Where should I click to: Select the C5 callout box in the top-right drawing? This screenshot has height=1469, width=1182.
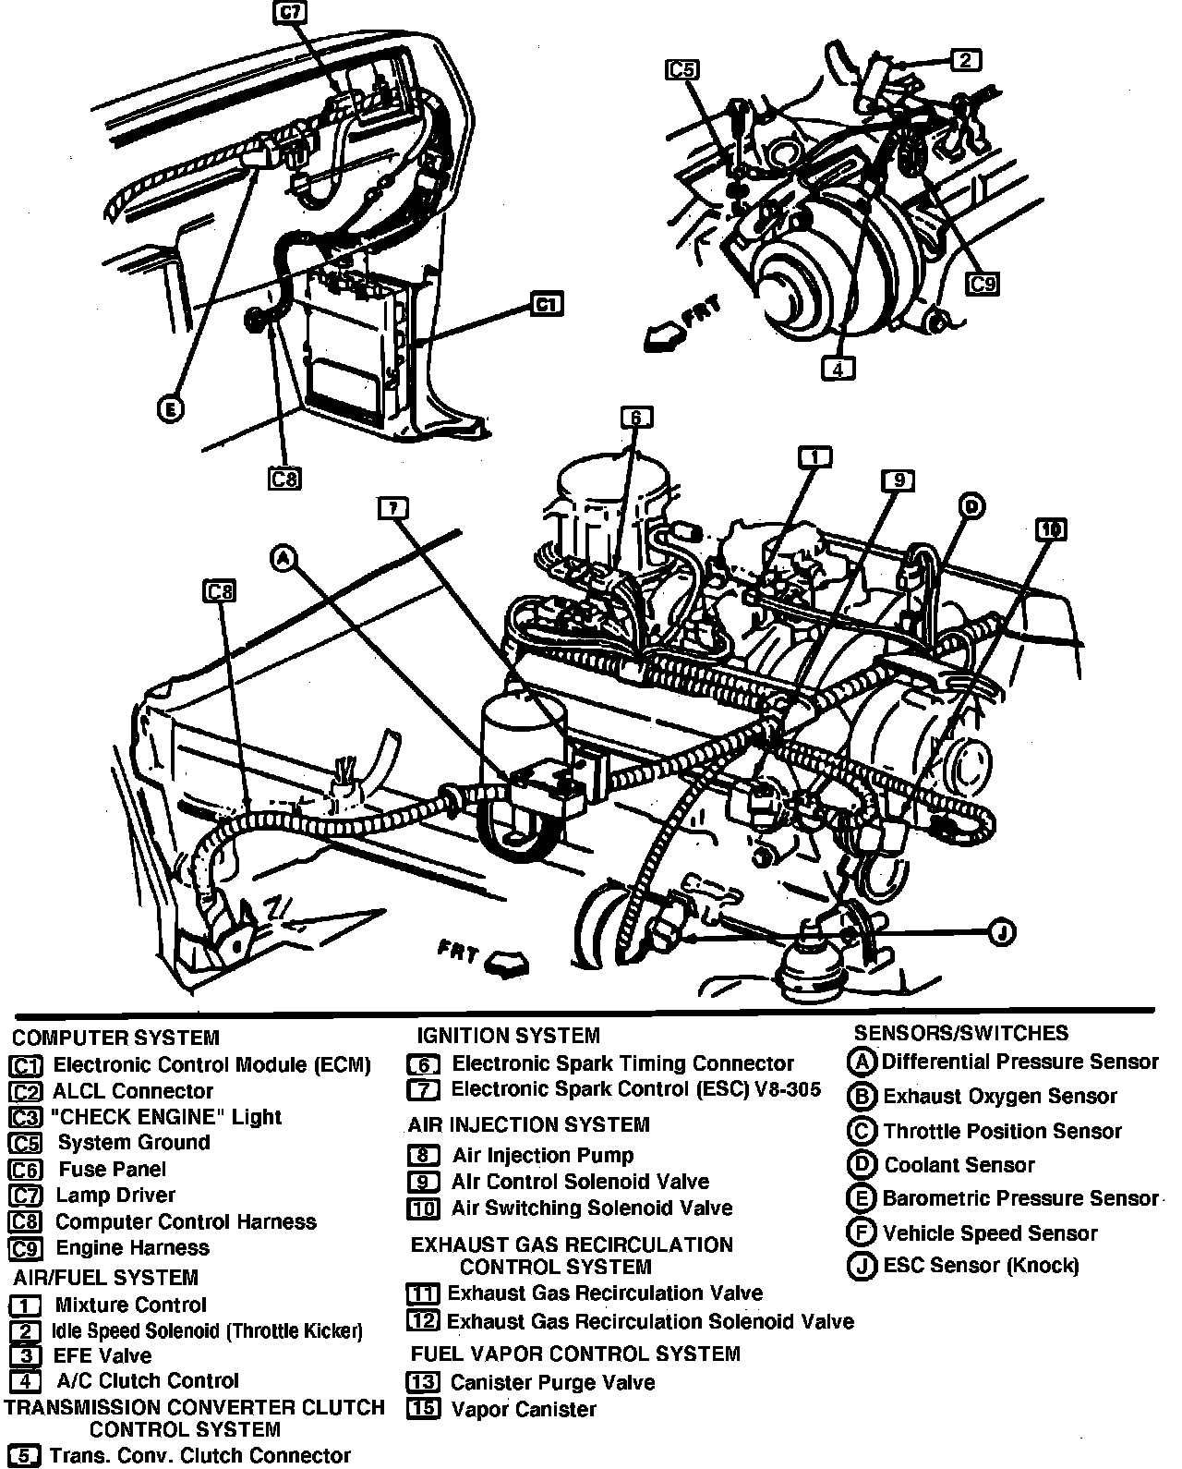pyautogui.click(x=682, y=69)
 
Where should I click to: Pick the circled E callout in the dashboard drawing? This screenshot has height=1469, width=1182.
pyautogui.click(x=170, y=409)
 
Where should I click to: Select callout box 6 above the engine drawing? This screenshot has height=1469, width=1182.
pyautogui.click(x=636, y=419)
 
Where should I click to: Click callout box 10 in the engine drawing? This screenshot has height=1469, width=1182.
pyautogui.click(x=1051, y=529)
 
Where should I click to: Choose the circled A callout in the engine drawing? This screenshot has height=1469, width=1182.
pyautogui.click(x=283, y=557)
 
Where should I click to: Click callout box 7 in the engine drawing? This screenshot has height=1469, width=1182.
pyautogui.click(x=392, y=507)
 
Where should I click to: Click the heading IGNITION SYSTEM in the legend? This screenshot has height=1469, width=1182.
pyautogui.click(x=508, y=1036)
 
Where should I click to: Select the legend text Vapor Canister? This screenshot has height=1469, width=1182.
pyautogui.click(x=523, y=1410)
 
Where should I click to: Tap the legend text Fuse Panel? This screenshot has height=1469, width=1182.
pyautogui.click(x=112, y=1170)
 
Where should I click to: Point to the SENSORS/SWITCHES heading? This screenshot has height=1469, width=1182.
pyautogui.click(x=960, y=1033)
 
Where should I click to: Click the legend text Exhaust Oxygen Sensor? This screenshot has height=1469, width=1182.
pyautogui.click(x=999, y=1097)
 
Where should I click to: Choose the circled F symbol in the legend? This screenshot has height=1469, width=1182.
pyautogui.click(x=861, y=1233)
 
